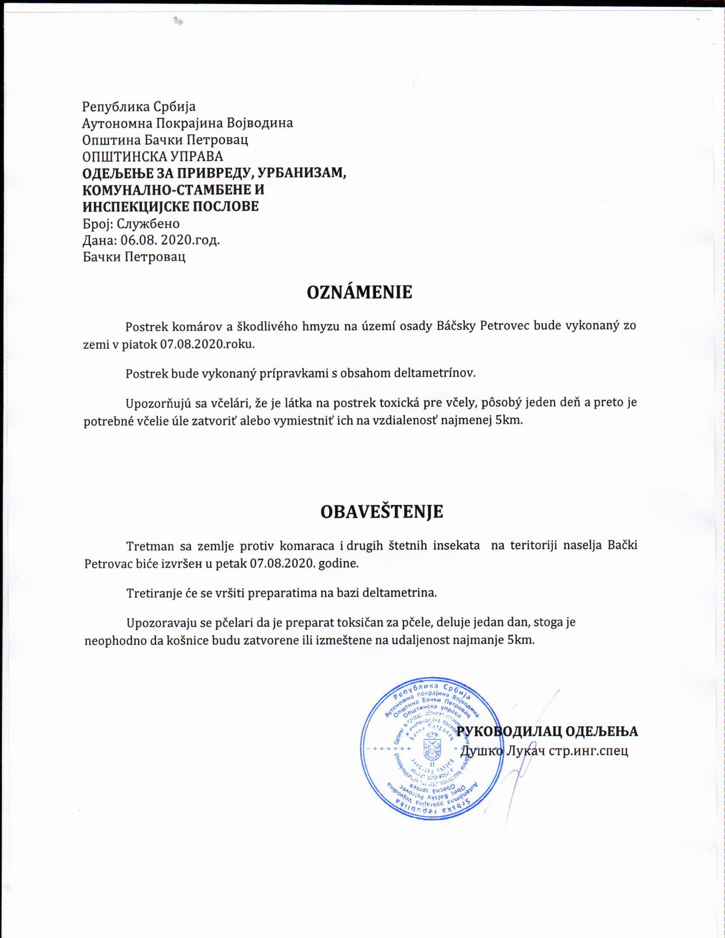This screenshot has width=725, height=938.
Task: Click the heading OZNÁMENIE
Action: click(359, 292)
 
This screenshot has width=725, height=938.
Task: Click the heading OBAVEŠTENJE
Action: click(381, 512)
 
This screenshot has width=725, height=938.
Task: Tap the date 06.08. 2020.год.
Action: click(170, 240)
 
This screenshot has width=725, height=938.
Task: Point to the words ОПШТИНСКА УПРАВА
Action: click(153, 156)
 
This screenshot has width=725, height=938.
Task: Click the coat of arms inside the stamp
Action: click(431, 748)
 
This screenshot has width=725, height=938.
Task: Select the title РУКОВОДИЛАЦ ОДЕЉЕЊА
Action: click(547, 731)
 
